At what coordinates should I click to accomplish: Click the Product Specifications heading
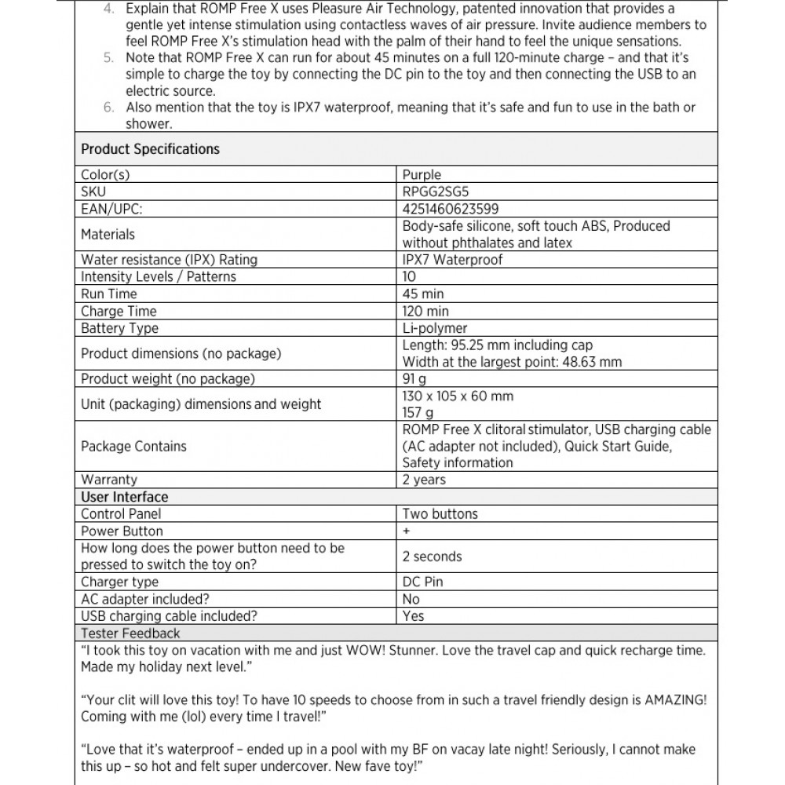pos(150,149)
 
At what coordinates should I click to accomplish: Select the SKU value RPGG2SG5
pos(436,192)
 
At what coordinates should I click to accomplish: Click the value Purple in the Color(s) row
pos(422,174)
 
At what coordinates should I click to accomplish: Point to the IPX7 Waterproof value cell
pos(452,260)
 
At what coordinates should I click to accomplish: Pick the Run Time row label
pos(108,294)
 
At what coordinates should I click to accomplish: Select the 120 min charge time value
pos(425,312)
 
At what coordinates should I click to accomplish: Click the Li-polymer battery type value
pos(435,329)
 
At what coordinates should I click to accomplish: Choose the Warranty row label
pos(108,480)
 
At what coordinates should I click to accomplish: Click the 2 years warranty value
pos(424,480)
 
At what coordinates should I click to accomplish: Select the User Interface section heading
pos(124,497)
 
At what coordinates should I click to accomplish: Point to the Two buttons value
pos(440,514)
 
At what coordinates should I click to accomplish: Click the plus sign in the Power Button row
pos(406,531)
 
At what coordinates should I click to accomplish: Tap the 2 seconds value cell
pos(432,557)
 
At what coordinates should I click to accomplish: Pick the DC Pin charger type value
pos(422,582)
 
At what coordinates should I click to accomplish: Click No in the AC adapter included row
pos(411,599)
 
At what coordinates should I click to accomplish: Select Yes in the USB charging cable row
pos(413,616)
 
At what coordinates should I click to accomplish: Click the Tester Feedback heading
pos(130,633)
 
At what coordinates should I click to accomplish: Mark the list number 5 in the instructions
pos(108,58)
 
